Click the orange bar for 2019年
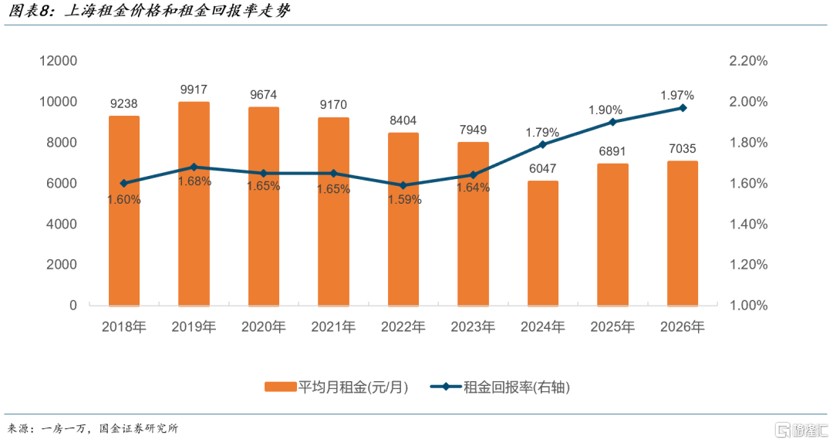click(194, 204)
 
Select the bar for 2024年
click(543, 244)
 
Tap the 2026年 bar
click(683, 234)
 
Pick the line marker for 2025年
click(612, 122)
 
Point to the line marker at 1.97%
click(683, 108)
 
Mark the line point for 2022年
click(403, 185)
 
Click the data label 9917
click(194, 90)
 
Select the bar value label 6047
click(542, 168)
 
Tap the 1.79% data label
click(542, 132)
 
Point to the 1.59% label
click(405, 199)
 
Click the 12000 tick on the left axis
click(59, 61)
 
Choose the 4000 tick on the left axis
click(62, 224)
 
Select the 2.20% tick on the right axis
click(748, 61)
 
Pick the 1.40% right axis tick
click(748, 224)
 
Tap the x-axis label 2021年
click(333, 326)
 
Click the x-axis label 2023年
click(473, 326)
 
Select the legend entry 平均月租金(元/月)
click(336, 387)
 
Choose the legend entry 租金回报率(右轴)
click(500, 387)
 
